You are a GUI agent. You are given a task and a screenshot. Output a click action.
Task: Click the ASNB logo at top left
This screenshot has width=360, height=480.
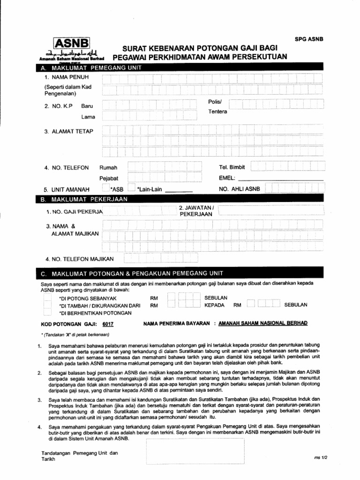click(x=71, y=44)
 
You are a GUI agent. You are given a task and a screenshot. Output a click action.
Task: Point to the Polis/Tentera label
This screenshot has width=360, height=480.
click(x=217, y=107)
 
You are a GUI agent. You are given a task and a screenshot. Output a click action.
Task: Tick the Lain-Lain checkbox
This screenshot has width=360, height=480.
click(x=131, y=189)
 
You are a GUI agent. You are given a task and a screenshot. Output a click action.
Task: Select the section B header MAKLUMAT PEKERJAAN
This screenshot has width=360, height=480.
click(x=85, y=199)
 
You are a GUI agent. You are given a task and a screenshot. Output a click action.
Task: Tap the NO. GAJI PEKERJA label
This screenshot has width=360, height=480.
click(x=74, y=212)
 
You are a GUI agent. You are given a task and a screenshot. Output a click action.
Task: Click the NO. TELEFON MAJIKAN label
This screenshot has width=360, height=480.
click(x=80, y=259)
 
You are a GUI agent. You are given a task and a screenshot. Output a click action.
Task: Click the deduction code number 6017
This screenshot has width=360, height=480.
click(x=108, y=324)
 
